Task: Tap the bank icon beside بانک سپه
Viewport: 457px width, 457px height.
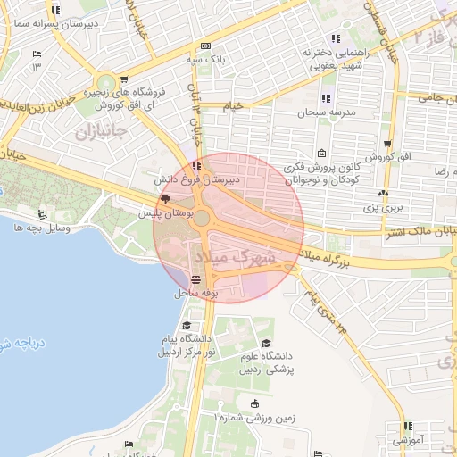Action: coord(206,46)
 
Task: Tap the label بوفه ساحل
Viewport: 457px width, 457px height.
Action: coord(195,293)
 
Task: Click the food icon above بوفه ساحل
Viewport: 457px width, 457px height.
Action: coord(195,280)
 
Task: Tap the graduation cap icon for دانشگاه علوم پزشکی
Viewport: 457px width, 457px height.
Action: coord(265,344)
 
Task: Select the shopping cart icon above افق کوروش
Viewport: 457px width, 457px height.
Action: coord(387,143)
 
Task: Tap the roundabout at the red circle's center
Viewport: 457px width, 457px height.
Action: coord(203,218)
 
